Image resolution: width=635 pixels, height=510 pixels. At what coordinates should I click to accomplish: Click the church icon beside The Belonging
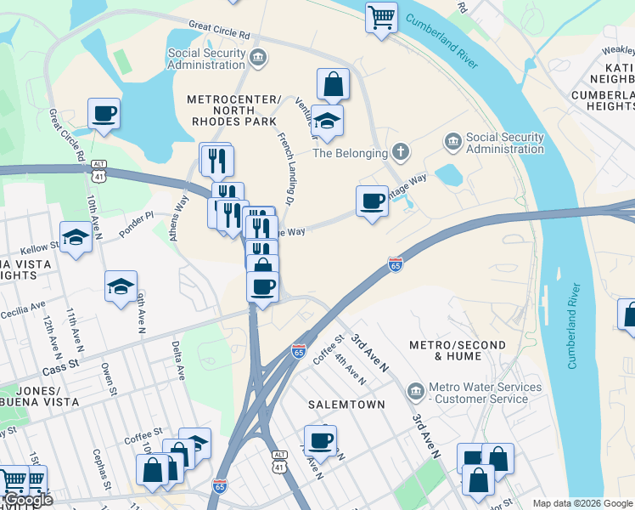tap(401, 153)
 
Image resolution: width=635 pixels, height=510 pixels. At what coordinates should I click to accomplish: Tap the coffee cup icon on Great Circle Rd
tap(104, 113)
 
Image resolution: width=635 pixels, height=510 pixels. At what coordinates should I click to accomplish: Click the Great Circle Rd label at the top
tap(219, 31)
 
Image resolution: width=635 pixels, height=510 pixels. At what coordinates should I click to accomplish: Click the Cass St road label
tap(59, 366)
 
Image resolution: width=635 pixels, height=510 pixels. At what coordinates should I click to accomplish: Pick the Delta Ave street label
tap(178, 360)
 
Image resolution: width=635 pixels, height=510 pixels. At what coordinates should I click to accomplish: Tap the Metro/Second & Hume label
tap(458, 351)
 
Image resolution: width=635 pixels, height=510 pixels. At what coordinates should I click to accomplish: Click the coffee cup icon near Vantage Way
tap(371, 201)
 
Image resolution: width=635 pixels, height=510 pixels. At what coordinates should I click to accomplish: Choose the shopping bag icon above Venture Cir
tap(334, 84)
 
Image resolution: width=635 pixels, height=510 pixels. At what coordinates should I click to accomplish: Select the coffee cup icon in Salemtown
tap(320, 440)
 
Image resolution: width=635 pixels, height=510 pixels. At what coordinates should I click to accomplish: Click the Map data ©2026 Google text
tap(582, 503)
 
